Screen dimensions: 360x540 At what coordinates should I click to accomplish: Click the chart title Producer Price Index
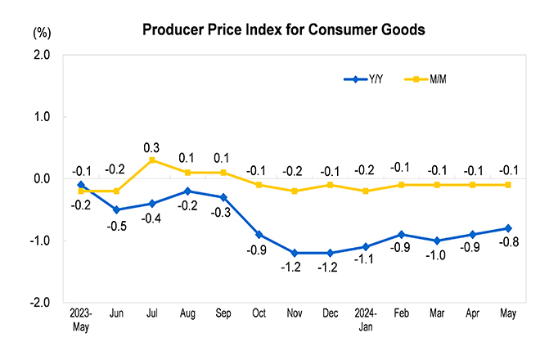(x=284, y=31)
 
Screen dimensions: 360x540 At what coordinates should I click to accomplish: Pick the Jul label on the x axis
(x=151, y=314)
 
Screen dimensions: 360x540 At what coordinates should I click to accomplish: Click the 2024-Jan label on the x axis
(x=365, y=319)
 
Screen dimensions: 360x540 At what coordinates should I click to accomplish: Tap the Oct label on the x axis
(x=258, y=314)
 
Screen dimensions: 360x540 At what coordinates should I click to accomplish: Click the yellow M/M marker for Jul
(x=151, y=160)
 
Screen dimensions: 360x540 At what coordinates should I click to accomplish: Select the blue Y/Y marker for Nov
(x=294, y=253)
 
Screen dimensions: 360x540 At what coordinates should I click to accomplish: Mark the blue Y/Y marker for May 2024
(x=507, y=228)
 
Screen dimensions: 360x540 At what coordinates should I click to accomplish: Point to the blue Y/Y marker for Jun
(x=115, y=209)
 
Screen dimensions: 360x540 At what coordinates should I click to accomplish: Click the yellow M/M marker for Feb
(x=400, y=185)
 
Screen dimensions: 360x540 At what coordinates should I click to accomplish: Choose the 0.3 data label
(x=151, y=147)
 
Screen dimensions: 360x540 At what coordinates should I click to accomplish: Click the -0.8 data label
(x=507, y=241)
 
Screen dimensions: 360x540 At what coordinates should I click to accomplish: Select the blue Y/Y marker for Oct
(x=258, y=235)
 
